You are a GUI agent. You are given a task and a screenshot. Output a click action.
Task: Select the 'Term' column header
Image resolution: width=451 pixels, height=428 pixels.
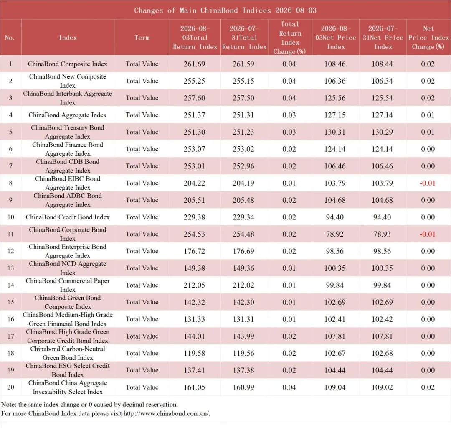142,38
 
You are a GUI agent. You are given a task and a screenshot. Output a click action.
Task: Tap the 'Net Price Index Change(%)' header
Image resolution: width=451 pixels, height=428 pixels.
428,38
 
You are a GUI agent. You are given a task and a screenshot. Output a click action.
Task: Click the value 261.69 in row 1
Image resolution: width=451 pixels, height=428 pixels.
195,64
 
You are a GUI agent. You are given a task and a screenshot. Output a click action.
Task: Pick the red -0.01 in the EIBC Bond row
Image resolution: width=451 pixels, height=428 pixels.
428,183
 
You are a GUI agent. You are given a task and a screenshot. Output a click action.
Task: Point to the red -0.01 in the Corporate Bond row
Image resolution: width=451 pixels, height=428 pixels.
428,234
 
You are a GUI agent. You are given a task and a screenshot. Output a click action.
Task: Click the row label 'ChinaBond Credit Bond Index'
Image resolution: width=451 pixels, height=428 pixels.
68,217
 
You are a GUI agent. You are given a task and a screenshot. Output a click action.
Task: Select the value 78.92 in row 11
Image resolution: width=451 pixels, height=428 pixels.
335,234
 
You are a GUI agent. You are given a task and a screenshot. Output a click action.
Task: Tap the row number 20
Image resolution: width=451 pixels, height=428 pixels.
10,387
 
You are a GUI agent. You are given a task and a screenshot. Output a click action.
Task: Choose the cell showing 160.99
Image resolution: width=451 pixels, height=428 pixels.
243,387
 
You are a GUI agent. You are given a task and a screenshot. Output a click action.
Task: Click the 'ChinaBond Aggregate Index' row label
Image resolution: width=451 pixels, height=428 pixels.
68,115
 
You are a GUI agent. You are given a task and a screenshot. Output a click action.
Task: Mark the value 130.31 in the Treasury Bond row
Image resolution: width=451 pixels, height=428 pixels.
335,132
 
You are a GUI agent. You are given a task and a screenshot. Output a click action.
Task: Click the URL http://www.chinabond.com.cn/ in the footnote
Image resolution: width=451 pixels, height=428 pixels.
167,414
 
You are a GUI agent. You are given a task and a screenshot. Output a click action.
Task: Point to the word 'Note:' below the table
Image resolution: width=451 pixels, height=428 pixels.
9,405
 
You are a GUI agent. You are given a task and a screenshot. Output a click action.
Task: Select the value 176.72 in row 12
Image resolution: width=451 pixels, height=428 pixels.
195,251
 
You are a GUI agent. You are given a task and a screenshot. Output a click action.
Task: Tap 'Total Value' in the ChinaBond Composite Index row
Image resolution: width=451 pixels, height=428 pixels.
142,64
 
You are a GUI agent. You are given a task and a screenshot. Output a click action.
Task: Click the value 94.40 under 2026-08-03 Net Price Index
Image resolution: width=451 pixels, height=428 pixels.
335,217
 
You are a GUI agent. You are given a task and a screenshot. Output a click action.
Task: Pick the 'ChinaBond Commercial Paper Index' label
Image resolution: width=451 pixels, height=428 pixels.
68,285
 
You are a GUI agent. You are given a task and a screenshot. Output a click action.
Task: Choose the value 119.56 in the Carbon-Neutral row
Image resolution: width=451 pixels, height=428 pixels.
243,353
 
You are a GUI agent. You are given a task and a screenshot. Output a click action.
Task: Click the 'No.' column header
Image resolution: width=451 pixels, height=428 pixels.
10,38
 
